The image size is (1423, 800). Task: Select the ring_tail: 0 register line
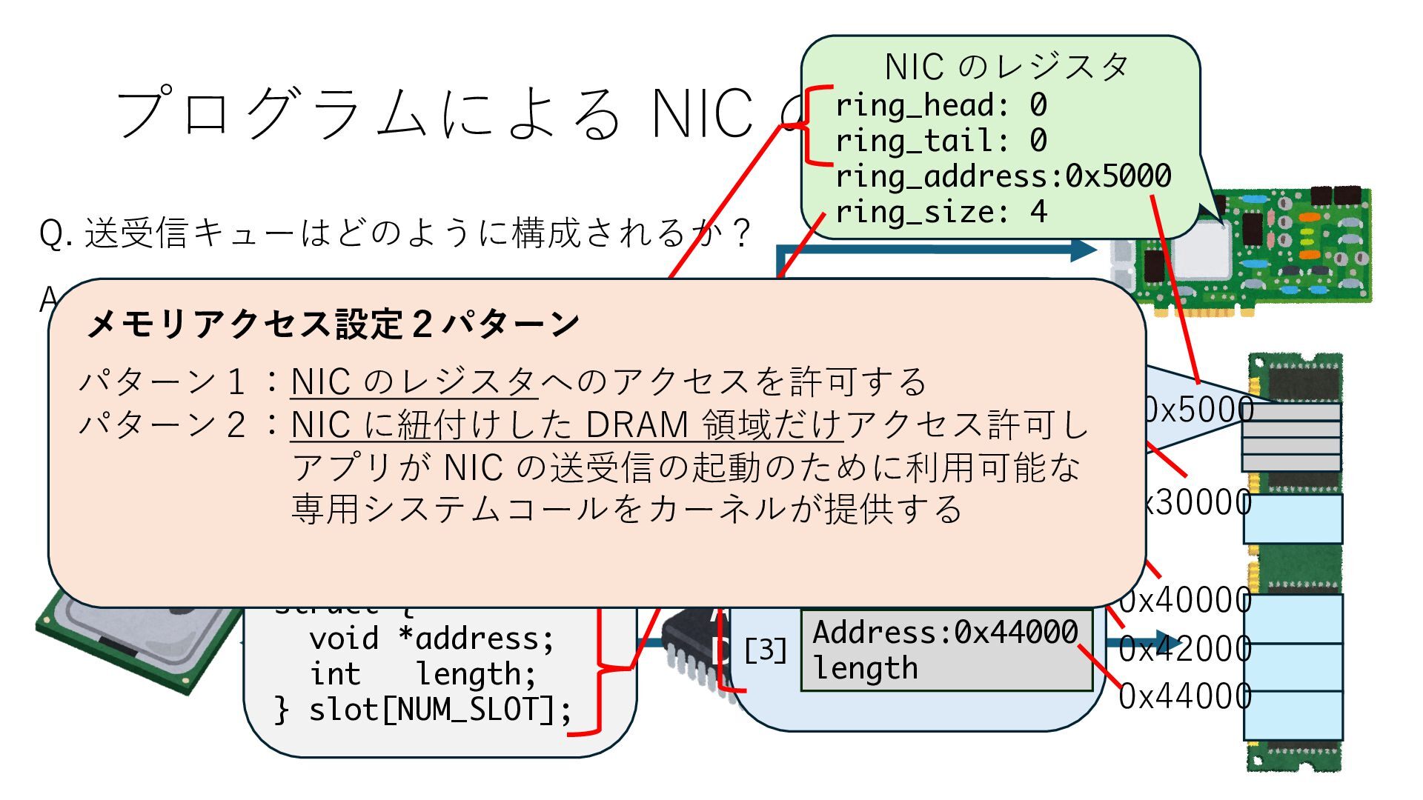[941, 141]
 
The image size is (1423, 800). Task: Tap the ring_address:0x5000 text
[1003, 177]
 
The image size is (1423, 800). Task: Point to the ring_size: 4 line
[941, 213]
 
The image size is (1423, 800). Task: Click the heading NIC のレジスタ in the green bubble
[1006, 67]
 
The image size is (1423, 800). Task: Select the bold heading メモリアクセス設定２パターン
[333, 324]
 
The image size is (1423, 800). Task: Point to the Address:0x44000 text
[945, 633]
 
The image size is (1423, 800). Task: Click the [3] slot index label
[765, 650]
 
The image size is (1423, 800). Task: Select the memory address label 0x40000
[1184, 601]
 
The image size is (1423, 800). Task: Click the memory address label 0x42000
[1184, 649]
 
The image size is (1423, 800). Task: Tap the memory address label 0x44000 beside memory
[1184, 696]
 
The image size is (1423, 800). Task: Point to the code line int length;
[422, 674]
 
